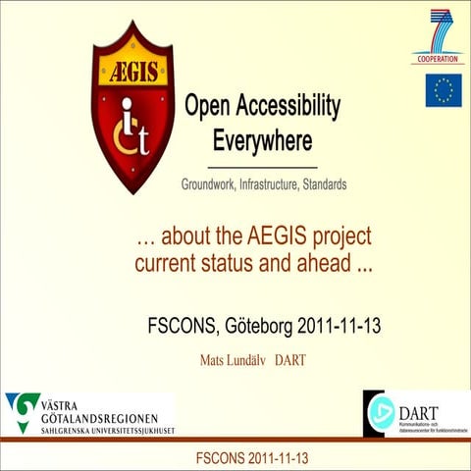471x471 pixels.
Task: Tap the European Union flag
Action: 444,90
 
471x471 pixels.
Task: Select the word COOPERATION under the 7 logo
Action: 438,59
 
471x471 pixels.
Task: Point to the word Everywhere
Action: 262,140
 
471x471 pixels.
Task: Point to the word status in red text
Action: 254,263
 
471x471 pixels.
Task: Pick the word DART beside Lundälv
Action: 290,360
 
